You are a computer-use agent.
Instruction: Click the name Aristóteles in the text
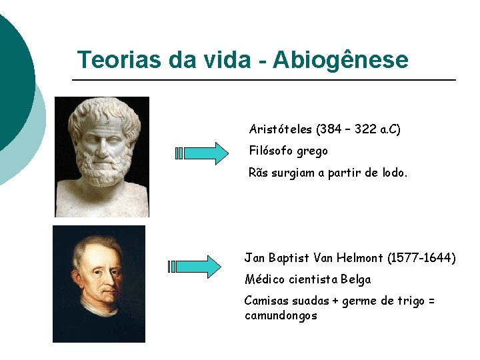(282, 129)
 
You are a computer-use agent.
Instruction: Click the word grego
(313, 151)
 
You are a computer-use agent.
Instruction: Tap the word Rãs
(259, 173)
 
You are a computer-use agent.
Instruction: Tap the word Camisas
(267, 301)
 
